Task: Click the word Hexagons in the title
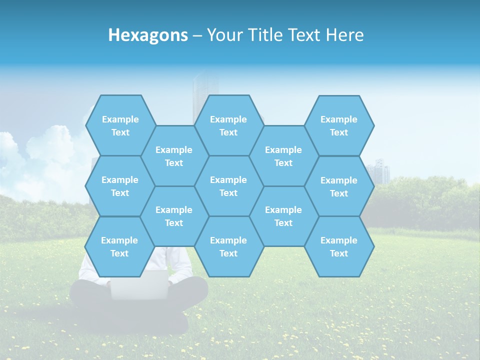(x=148, y=35)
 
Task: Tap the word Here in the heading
(x=344, y=35)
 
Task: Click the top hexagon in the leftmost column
(x=120, y=125)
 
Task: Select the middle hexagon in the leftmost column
(x=120, y=186)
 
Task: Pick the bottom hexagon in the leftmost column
(x=119, y=246)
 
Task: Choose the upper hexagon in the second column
(x=174, y=156)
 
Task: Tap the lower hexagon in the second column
(x=174, y=216)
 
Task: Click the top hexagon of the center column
(x=228, y=125)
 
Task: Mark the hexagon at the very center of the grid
(x=228, y=186)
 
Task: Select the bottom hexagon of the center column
(x=228, y=246)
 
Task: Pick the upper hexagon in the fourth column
(x=283, y=156)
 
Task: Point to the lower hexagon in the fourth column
(x=283, y=216)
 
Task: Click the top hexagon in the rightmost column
(x=339, y=125)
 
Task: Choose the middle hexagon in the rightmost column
(x=339, y=186)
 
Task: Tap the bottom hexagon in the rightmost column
(x=339, y=246)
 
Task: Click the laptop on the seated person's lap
(x=138, y=285)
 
